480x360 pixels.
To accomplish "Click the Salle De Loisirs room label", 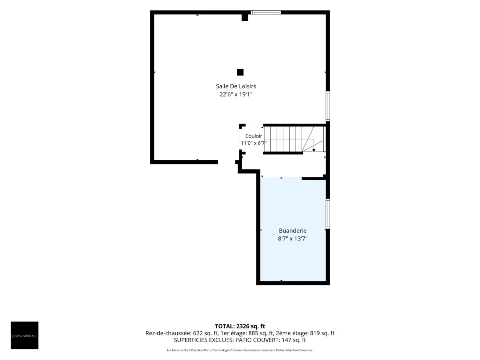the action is coord(236,86).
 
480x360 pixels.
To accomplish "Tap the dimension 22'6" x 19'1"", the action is coord(236,94).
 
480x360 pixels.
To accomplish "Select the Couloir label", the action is coord(254,136).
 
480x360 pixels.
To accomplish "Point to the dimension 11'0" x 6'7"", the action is coord(254,143).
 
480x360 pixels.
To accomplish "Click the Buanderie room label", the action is coord(292,231).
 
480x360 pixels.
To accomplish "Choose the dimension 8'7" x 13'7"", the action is coord(292,239).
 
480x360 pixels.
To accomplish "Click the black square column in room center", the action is coord(240,72).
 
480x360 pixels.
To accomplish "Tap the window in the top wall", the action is coord(266,12).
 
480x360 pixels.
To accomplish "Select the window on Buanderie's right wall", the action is coord(328,214).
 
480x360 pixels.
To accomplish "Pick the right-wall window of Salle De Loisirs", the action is coord(328,106).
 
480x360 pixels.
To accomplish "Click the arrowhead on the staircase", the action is coord(314,150).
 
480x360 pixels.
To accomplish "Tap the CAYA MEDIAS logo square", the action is coord(24,335).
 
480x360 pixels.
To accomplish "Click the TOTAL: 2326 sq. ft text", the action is coord(240,326).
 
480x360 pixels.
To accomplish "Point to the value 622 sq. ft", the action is coord(205,333).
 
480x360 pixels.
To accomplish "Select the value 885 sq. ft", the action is coord(261,333).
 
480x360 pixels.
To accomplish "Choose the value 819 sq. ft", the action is coord(322,333).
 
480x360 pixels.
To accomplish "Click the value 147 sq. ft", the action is coord(294,340).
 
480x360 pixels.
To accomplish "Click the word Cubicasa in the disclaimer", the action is coord(236,350).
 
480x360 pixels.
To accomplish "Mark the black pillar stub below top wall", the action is coord(245,18).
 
